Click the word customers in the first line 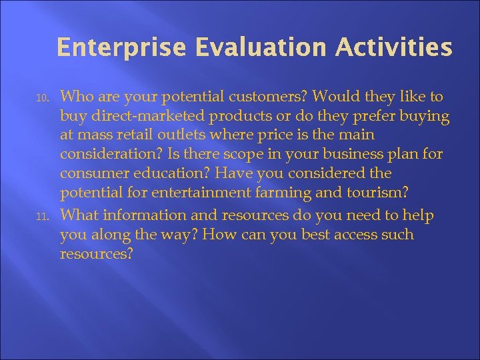pyautogui.click(x=251, y=97)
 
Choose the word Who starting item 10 pyautogui.click(x=75, y=97)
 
